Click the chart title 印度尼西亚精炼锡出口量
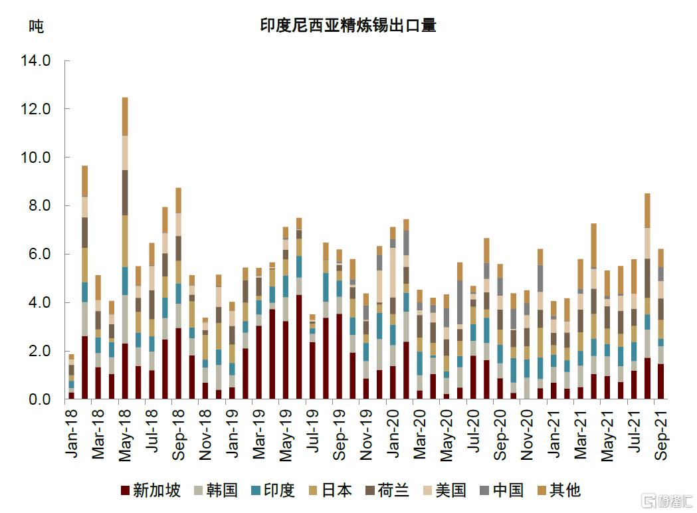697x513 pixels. click(348, 26)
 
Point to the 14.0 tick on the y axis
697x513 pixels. click(36, 60)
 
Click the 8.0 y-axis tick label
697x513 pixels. click(39, 206)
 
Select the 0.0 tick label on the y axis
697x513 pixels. click(39, 399)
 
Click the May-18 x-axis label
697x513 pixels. click(126, 433)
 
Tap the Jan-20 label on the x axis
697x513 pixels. click(393, 433)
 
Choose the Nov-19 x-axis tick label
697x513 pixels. click(366, 433)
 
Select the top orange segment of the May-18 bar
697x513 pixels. click(125, 116)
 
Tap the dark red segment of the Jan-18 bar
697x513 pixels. click(71, 395)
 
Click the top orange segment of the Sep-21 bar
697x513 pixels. click(660, 258)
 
